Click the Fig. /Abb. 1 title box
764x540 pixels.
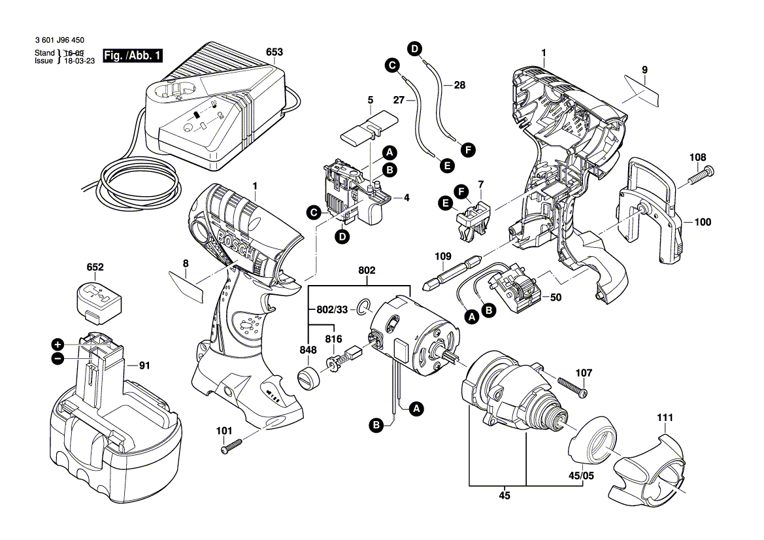pyautogui.click(x=133, y=55)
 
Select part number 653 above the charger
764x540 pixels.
pyautogui.click(x=274, y=52)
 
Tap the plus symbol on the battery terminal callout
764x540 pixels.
pyautogui.click(x=58, y=345)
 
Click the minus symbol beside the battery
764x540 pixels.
pyautogui.click(x=58, y=359)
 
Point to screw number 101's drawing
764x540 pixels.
pyautogui.click(x=231, y=446)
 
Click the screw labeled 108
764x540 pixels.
pyautogui.click(x=701, y=175)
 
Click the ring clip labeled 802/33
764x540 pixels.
pyautogui.click(x=363, y=307)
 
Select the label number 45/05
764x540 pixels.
pyautogui.click(x=581, y=476)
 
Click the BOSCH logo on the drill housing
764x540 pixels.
pyautogui.click(x=237, y=247)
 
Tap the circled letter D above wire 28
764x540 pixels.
pyautogui.click(x=415, y=49)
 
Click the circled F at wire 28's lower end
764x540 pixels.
pyautogui.click(x=468, y=150)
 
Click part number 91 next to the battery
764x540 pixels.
pyautogui.click(x=144, y=365)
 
